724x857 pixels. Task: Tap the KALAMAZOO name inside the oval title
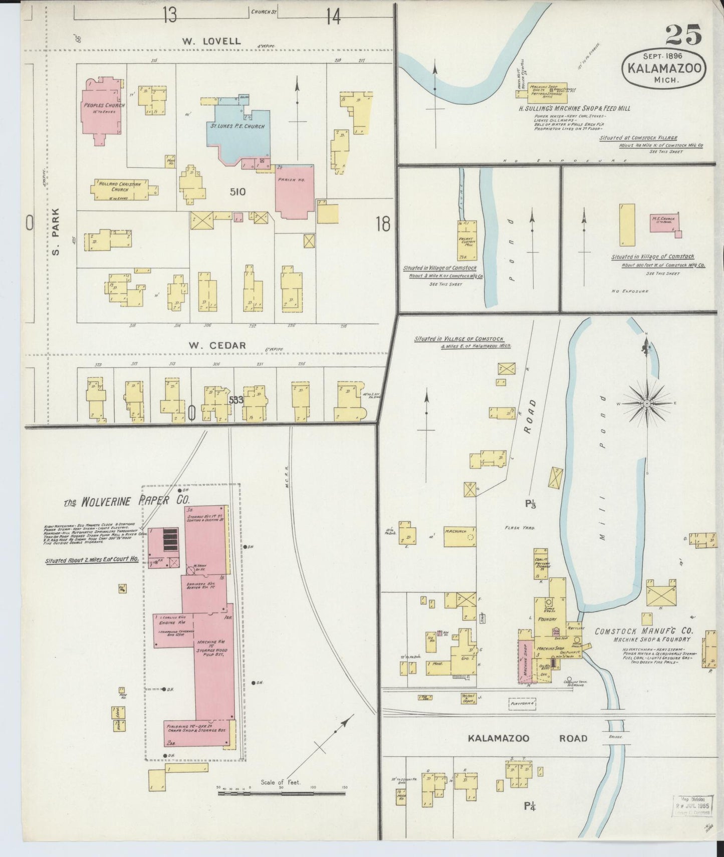[664, 68]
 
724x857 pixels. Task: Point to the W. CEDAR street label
[217, 345]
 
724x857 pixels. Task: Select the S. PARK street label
[56, 231]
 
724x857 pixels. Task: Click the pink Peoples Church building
[103, 110]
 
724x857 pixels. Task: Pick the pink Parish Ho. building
[295, 190]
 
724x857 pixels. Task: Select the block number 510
[237, 191]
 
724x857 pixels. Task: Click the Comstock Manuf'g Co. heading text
[643, 631]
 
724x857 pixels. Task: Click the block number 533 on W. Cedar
[236, 400]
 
